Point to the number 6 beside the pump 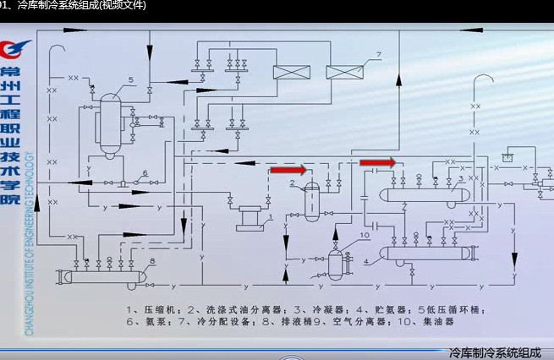click(145, 173)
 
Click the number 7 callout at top click(379, 55)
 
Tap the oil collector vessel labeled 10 click(336, 263)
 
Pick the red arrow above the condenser click(377, 161)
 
